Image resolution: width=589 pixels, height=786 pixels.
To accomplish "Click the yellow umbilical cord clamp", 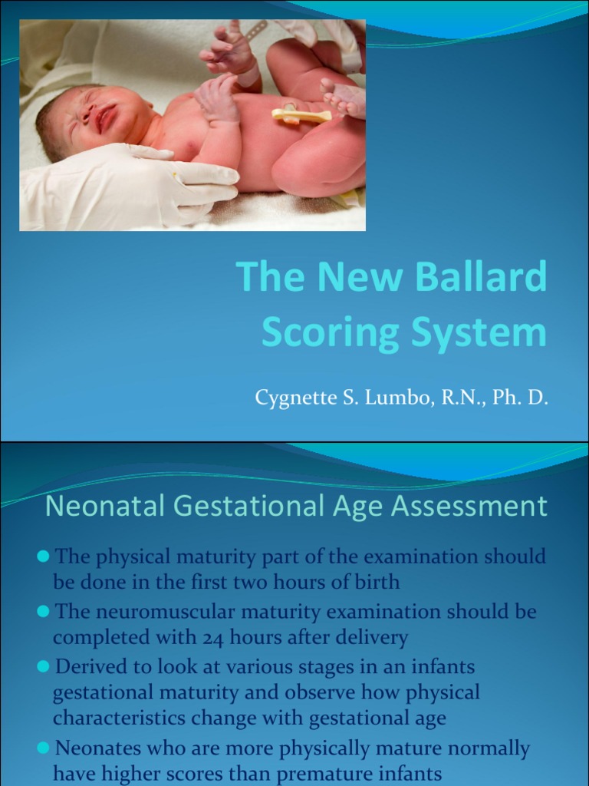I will coord(301,115).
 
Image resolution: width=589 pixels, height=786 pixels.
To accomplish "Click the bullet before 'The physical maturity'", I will coord(44,555).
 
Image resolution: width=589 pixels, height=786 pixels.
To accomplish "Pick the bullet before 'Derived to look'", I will coord(44,667).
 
